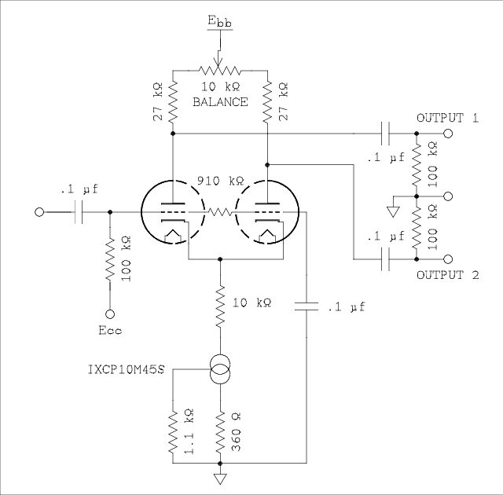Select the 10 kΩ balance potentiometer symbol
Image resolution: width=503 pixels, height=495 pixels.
point(220,69)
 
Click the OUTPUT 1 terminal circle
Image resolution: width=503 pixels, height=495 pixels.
point(449,134)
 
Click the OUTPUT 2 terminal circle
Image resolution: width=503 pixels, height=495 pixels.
point(449,258)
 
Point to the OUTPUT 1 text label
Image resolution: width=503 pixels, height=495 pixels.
point(447,117)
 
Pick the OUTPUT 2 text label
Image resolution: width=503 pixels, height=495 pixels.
point(447,275)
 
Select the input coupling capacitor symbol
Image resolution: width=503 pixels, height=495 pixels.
point(79,212)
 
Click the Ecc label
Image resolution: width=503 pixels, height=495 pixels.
point(110,330)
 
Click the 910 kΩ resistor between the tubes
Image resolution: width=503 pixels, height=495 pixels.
point(219,212)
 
